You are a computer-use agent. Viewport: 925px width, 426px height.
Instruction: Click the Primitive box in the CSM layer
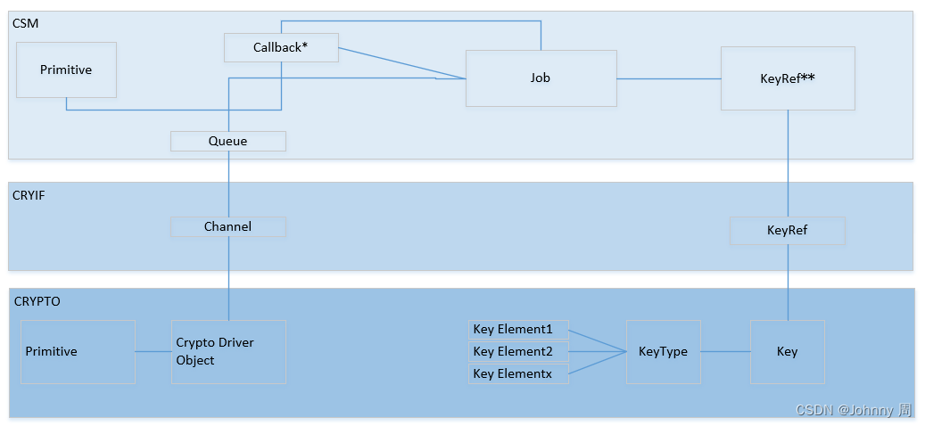click(x=66, y=70)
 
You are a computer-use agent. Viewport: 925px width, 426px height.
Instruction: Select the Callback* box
click(x=280, y=47)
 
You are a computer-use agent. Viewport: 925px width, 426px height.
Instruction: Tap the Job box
click(x=541, y=78)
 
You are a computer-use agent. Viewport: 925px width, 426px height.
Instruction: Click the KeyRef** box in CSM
click(x=787, y=78)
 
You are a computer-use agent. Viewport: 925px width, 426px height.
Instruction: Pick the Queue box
click(x=227, y=141)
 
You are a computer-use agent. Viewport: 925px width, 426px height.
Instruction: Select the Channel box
click(x=227, y=226)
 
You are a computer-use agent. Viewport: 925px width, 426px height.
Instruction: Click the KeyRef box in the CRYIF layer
click(x=787, y=231)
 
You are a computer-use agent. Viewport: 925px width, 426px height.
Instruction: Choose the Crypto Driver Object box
click(x=228, y=352)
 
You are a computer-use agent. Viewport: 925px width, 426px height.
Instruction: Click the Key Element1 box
click(x=518, y=330)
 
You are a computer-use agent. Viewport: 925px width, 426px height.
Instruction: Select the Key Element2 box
click(x=518, y=352)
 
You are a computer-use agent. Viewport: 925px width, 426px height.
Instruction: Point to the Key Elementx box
click(x=518, y=374)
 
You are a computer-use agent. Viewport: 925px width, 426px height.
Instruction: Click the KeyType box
click(x=663, y=352)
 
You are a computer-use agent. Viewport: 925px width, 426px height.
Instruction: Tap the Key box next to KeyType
click(x=787, y=352)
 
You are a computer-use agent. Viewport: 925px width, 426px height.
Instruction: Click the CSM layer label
click(x=25, y=22)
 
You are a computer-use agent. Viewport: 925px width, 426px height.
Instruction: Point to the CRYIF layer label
click(x=29, y=195)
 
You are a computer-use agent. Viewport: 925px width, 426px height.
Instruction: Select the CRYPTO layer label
click(x=37, y=301)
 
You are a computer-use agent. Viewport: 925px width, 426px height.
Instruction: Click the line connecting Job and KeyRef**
click(x=669, y=78)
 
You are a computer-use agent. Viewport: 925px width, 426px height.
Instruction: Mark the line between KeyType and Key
click(x=724, y=351)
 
